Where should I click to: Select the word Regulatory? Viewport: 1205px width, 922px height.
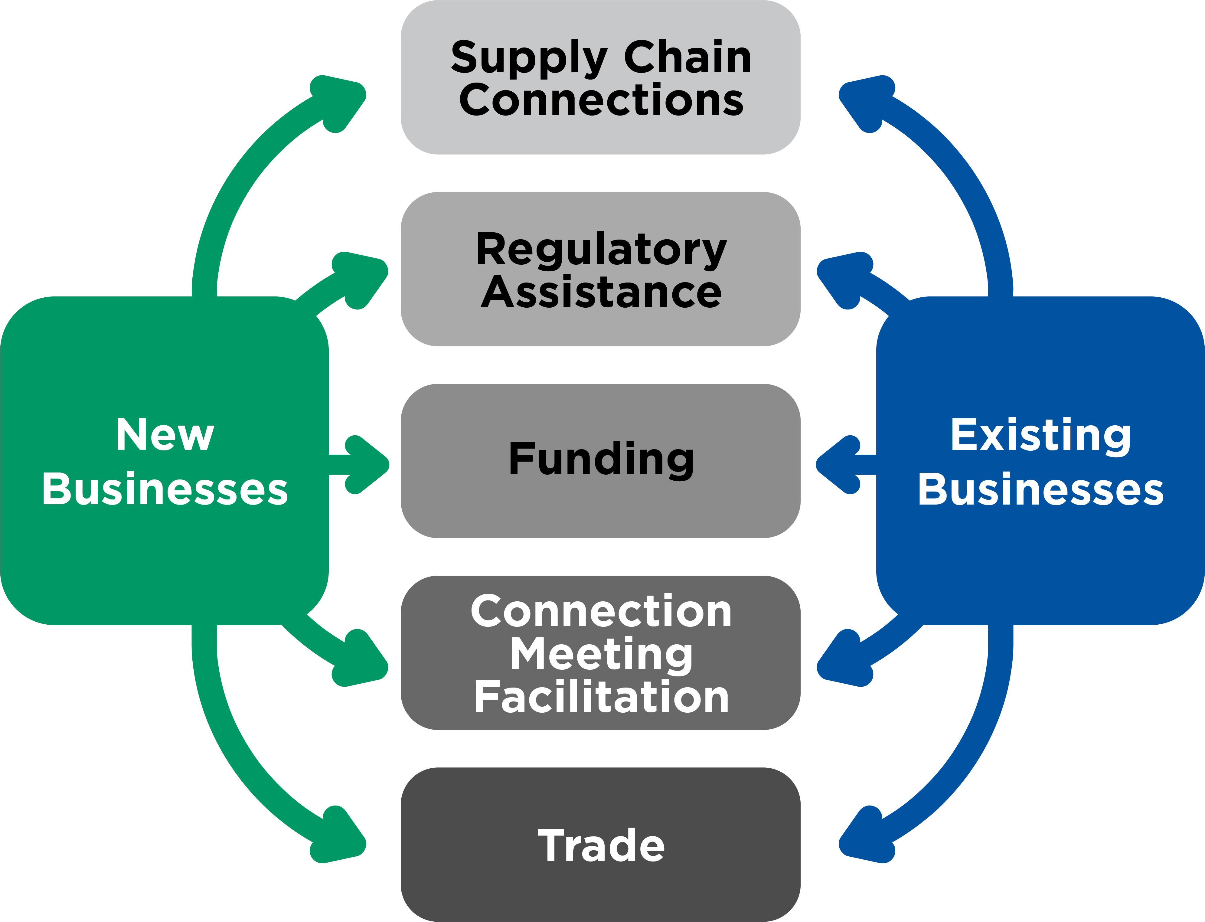point(601,250)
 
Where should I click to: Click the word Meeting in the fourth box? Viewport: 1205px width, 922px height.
point(601,654)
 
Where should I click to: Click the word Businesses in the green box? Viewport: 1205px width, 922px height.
point(165,489)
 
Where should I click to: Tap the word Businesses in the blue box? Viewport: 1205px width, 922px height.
point(1040,489)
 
